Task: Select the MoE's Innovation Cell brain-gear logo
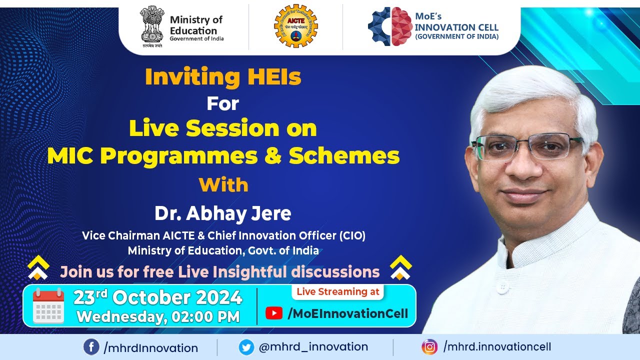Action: click(389, 26)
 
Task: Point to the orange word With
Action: click(223, 185)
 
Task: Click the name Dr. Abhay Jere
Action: click(222, 213)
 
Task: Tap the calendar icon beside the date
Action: click(48, 306)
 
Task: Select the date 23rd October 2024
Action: click(157, 298)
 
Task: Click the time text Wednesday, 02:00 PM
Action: click(158, 317)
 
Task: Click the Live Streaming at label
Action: click(338, 292)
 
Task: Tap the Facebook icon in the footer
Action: click(91, 347)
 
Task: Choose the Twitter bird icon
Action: click(246, 347)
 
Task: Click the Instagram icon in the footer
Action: click(429, 347)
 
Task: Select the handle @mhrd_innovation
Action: click(313, 347)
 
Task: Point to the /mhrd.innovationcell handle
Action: click(497, 347)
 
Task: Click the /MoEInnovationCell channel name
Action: click(347, 313)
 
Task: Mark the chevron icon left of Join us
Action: click(38, 268)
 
